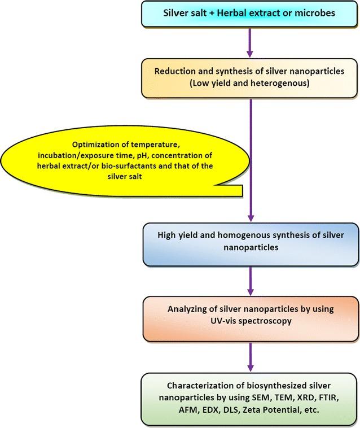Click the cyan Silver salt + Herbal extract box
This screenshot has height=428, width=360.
click(x=251, y=14)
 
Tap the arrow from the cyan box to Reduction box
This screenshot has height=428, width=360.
click(x=251, y=41)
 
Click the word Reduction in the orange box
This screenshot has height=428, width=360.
click(x=181, y=73)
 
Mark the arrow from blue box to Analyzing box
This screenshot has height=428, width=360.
click(x=251, y=279)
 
